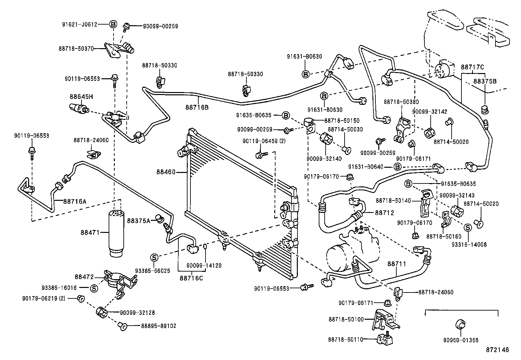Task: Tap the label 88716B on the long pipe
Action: point(197,107)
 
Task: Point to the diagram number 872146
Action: point(497,350)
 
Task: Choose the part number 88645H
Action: point(81,97)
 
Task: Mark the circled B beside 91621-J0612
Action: point(113,24)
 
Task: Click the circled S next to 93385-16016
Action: point(94,288)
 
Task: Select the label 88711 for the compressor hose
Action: point(397,263)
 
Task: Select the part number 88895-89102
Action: point(159,326)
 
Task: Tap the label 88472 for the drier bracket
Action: point(84,277)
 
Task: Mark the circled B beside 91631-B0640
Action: point(397,167)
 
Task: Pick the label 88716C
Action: point(191,278)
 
